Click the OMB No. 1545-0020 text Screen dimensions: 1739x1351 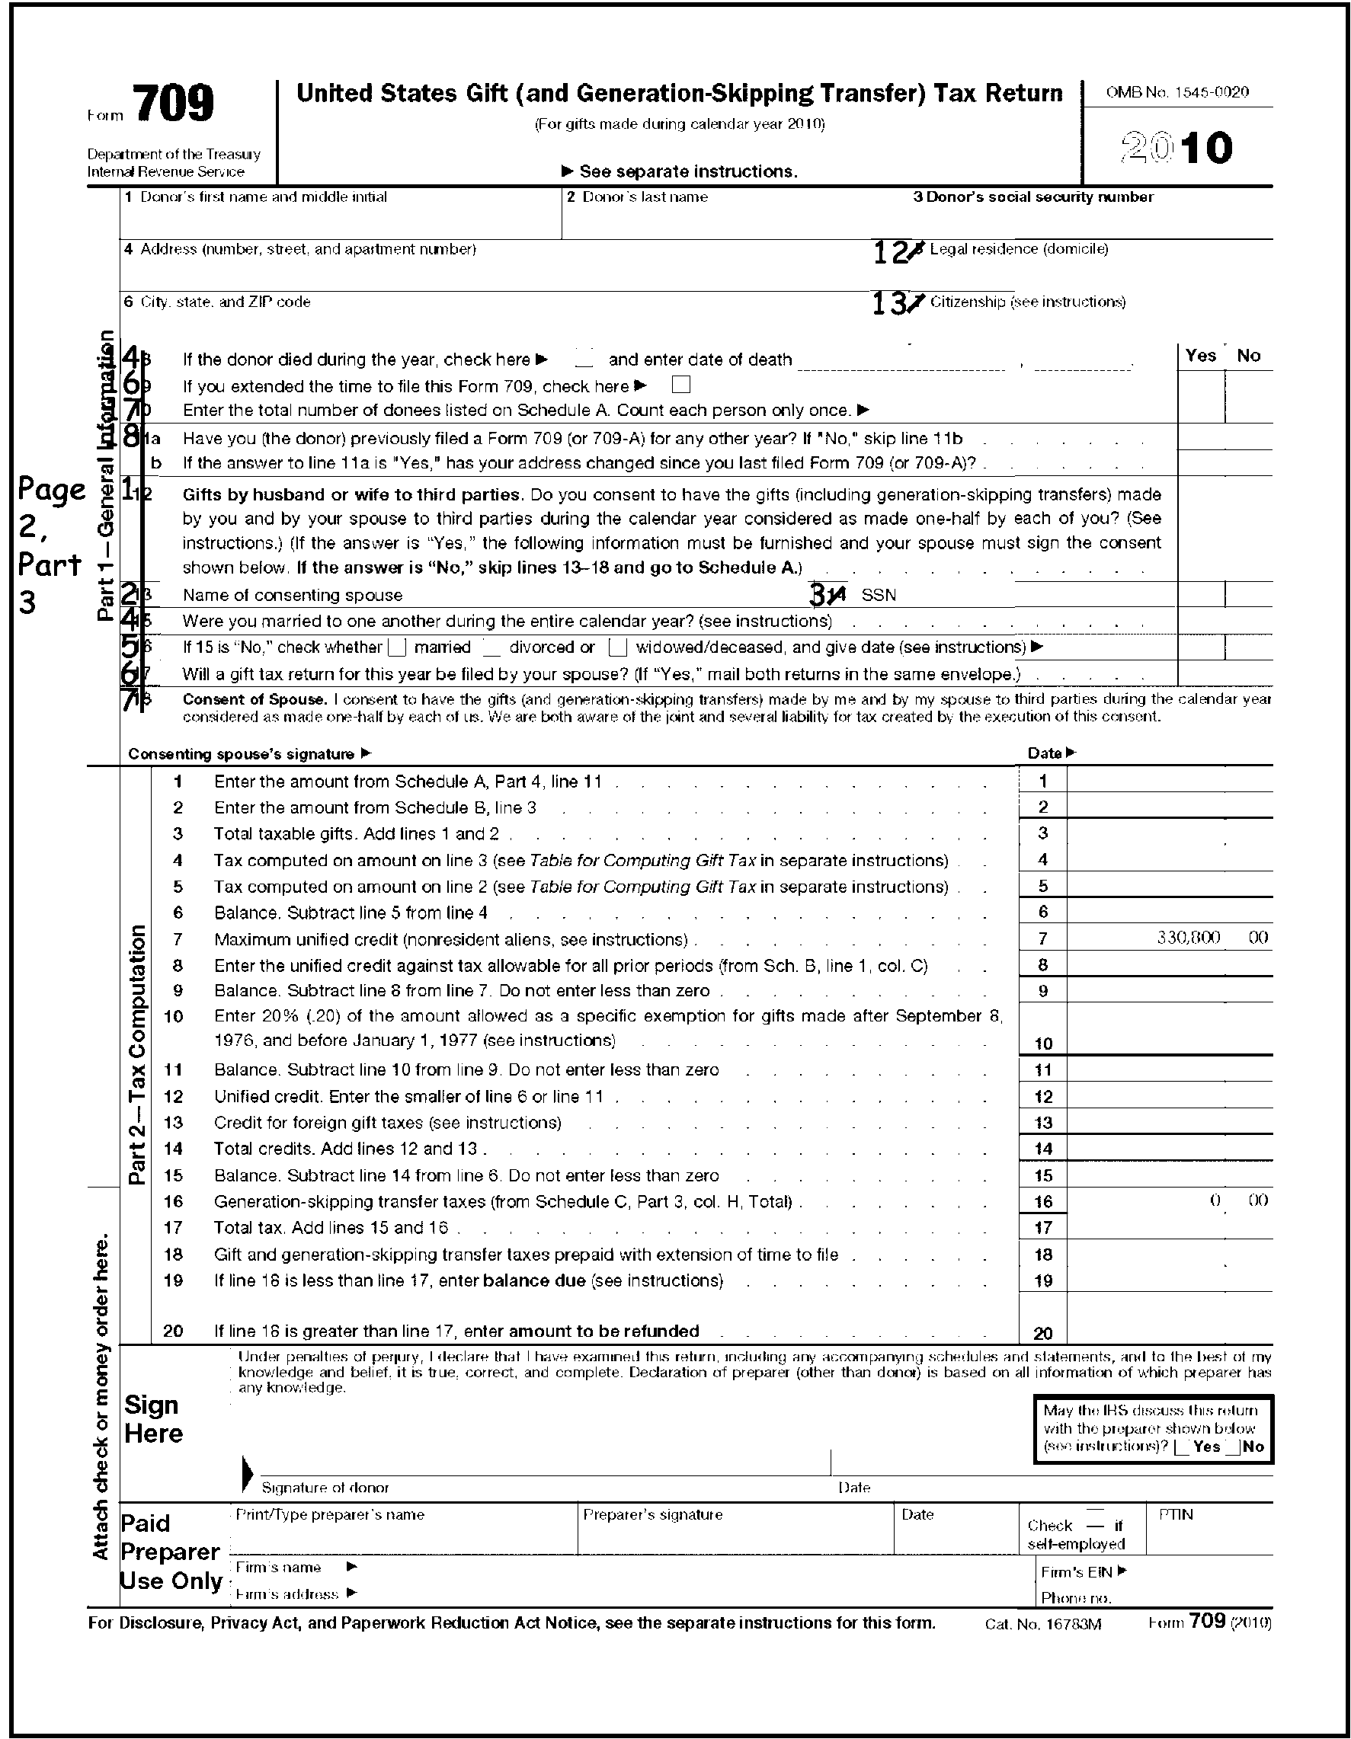pos(1177,92)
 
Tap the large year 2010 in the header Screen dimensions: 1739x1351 pos(1176,148)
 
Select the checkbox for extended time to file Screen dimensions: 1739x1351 pos(680,385)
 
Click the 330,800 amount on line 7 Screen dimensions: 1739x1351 pos(1188,938)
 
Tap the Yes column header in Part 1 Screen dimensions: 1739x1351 pos(1199,356)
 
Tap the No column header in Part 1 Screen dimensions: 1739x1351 pos(1248,356)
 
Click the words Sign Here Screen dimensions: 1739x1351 pos(154,1420)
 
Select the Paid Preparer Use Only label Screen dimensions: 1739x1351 pos(170,1552)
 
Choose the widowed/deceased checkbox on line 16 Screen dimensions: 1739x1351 pos(617,647)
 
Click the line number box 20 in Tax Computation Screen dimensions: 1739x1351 pos(1042,1333)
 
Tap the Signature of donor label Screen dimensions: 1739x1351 pos(325,1488)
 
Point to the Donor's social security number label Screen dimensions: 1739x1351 pos(1033,197)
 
